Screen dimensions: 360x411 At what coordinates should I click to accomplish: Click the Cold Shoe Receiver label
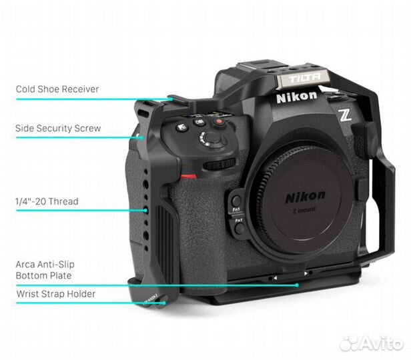tap(57, 89)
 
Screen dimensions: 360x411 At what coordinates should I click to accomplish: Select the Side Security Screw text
tap(58, 127)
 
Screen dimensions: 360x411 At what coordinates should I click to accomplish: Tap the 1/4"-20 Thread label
tap(47, 201)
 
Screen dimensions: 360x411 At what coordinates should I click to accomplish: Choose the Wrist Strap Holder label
tap(55, 293)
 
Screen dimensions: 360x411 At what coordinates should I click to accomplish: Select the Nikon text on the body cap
tap(306, 196)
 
